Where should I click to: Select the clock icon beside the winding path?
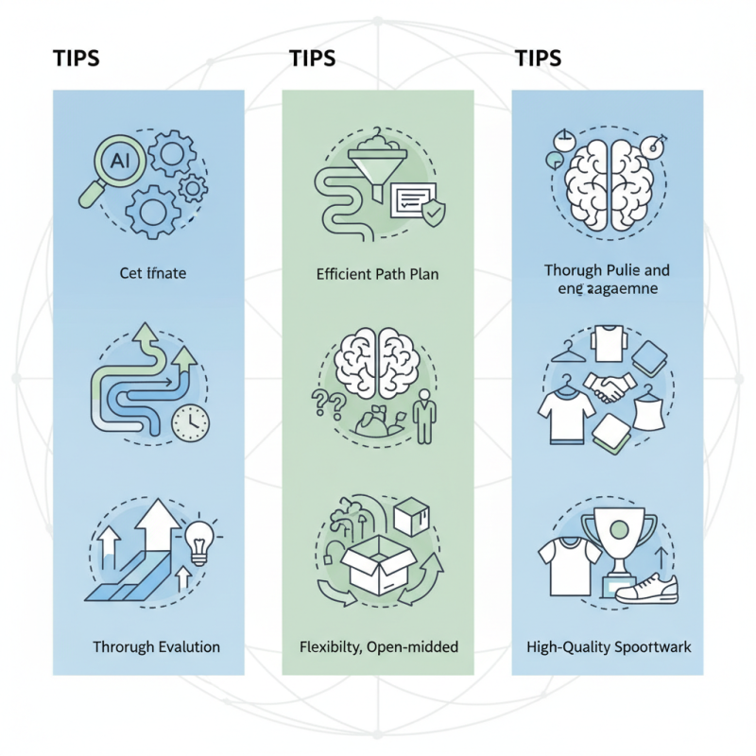[x=192, y=422]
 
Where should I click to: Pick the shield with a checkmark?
[x=432, y=214]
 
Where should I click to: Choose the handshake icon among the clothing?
[x=610, y=384]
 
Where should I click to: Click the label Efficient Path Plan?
[x=378, y=275]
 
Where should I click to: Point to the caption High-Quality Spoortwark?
[x=609, y=647]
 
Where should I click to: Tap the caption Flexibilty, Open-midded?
[x=377, y=647]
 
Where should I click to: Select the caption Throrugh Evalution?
[x=156, y=647]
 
